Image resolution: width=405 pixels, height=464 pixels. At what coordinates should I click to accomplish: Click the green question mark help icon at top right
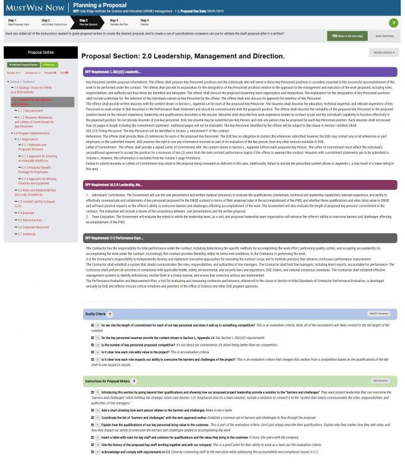(x=393, y=24)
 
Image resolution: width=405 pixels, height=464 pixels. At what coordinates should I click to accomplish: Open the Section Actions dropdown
(x=383, y=54)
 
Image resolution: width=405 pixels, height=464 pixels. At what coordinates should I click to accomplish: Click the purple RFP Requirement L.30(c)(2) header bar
(x=238, y=72)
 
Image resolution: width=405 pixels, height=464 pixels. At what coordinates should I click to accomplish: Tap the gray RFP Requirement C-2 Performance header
(x=238, y=219)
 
